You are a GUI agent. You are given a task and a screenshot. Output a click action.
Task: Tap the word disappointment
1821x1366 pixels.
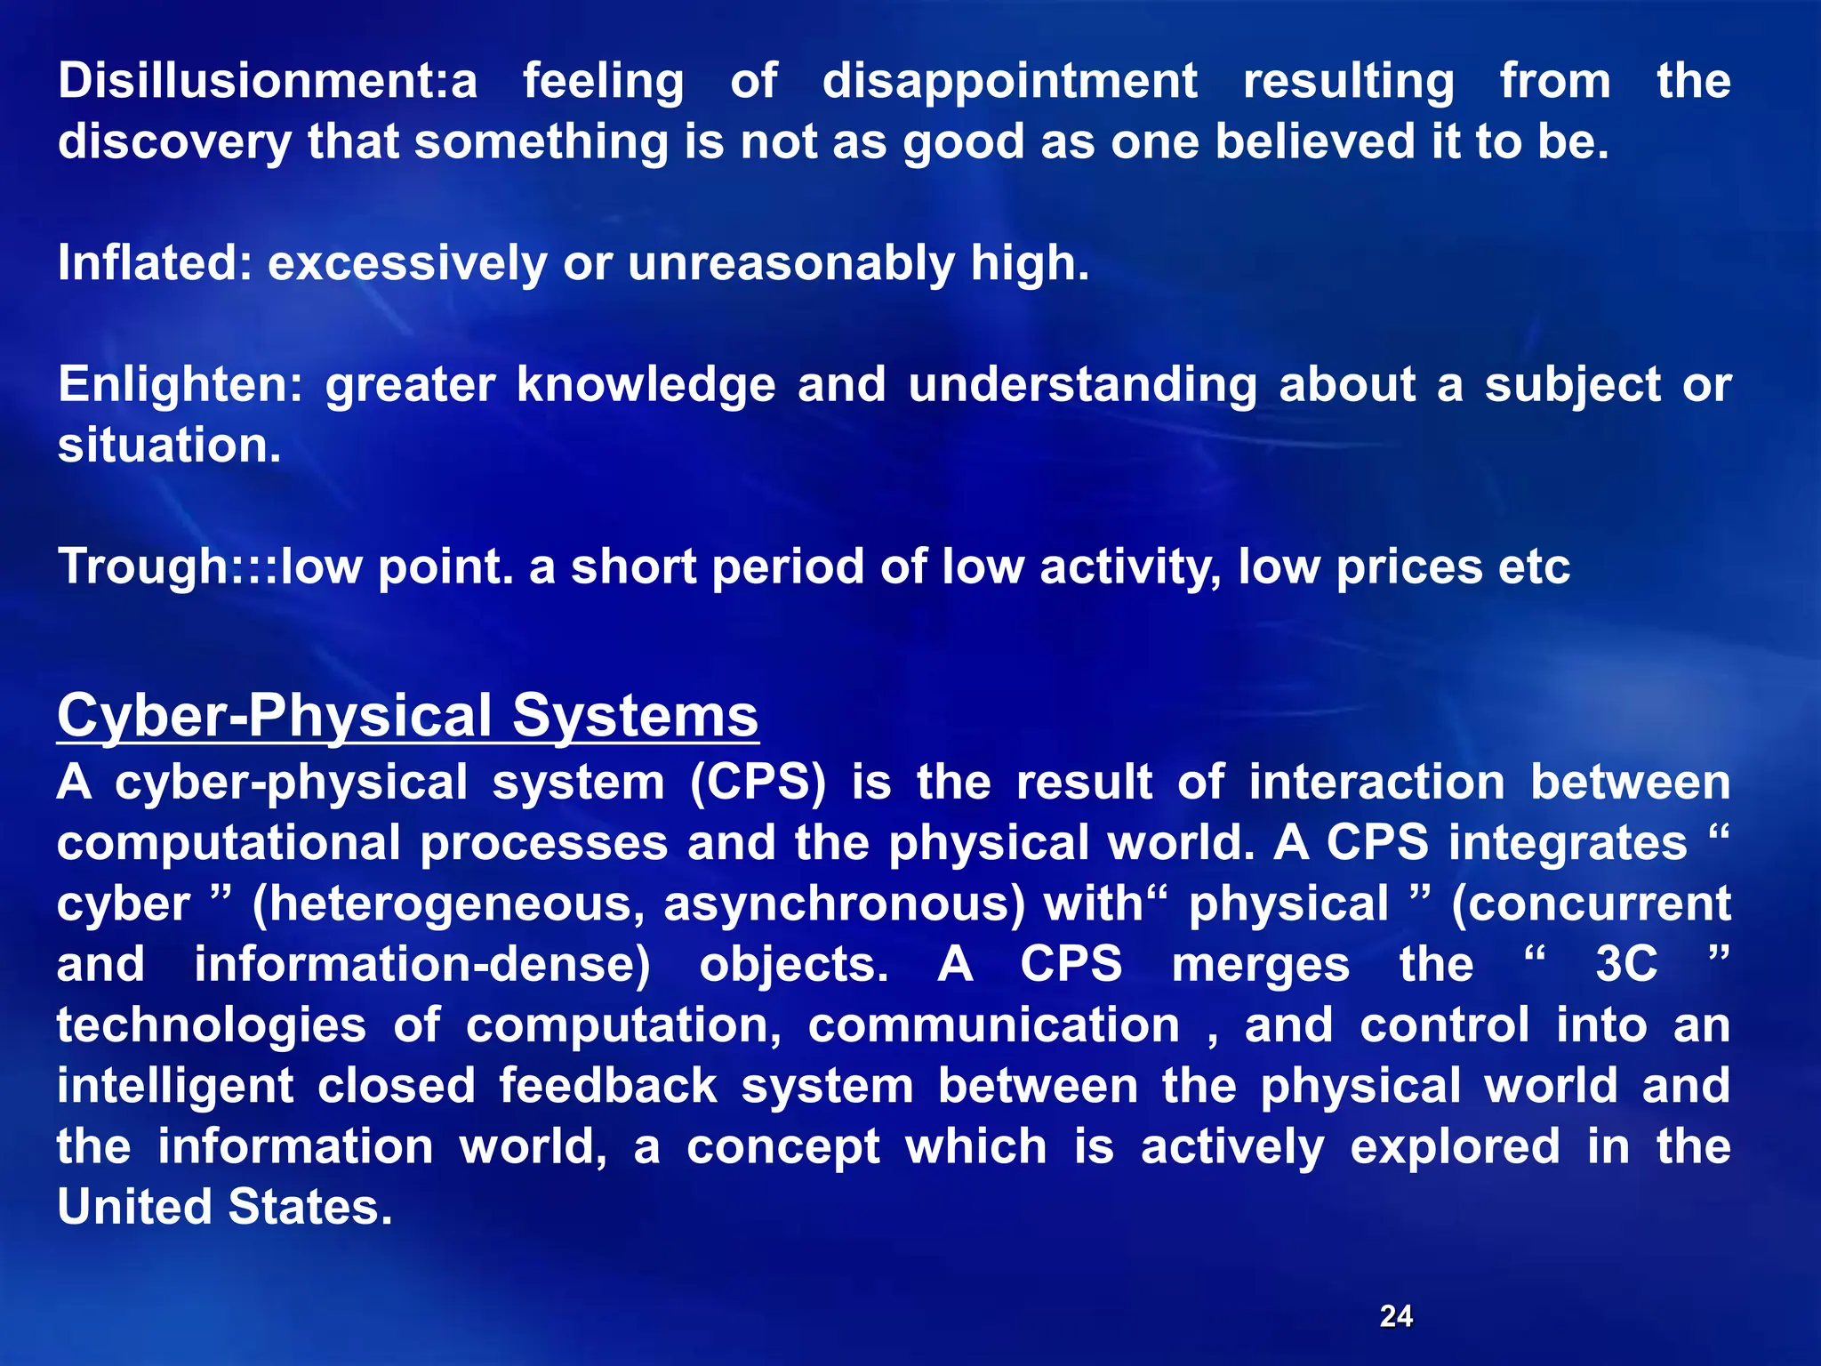click(1009, 81)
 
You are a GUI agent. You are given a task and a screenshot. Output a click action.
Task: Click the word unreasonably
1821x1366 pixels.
click(790, 263)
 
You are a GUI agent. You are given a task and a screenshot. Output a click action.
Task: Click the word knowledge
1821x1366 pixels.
click(646, 385)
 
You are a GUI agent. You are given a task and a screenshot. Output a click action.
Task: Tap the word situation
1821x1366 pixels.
click(169, 445)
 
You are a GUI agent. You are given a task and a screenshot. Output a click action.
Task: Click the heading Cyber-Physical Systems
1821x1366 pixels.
click(407, 716)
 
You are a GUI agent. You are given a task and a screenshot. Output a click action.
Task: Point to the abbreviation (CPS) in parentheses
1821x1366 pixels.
click(758, 783)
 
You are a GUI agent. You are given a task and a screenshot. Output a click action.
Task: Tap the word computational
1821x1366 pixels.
click(229, 843)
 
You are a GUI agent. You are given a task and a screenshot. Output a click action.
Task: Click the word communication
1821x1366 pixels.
click(993, 1025)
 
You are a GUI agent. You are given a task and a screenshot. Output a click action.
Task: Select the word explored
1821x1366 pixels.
click(1455, 1146)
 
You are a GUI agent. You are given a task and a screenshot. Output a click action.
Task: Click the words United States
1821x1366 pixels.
click(224, 1207)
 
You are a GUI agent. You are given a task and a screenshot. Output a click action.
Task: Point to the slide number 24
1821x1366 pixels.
click(1396, 1315)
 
